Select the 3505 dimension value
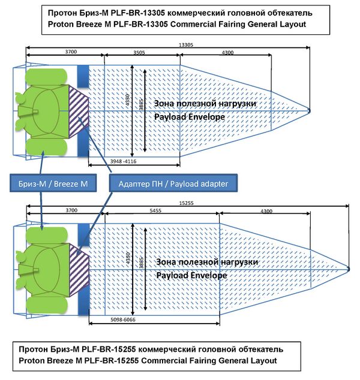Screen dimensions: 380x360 click(139, 53)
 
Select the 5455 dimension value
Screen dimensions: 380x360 click(157, 212)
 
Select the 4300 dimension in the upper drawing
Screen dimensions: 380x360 click(227, 53)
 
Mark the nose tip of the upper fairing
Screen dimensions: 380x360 click(310, 110)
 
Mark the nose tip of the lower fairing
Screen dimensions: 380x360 click(349, 268)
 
